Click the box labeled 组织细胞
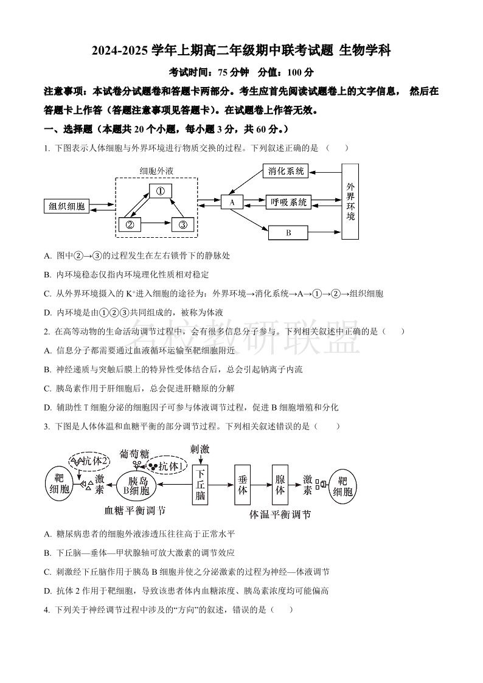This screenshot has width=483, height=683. [67, 206]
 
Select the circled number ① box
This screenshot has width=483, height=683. [161, 191]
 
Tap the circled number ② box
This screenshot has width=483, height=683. [130, 224]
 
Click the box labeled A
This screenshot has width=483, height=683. [232, 202]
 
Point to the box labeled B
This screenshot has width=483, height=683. [288, 232]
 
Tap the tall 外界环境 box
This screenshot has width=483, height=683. [350, 201]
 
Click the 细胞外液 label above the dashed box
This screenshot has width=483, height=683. [156, 171]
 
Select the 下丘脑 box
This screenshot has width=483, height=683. [201, 485]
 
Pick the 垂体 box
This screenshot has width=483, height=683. [243, 485]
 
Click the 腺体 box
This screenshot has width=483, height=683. [280, 485]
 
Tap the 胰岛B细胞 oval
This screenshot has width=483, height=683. [136, 485]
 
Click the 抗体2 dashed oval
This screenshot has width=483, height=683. [89, 461]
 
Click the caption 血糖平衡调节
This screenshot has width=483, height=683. [135, 510]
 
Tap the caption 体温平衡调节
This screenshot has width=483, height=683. [280, 515]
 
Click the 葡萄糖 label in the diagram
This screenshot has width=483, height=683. [134, 454]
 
